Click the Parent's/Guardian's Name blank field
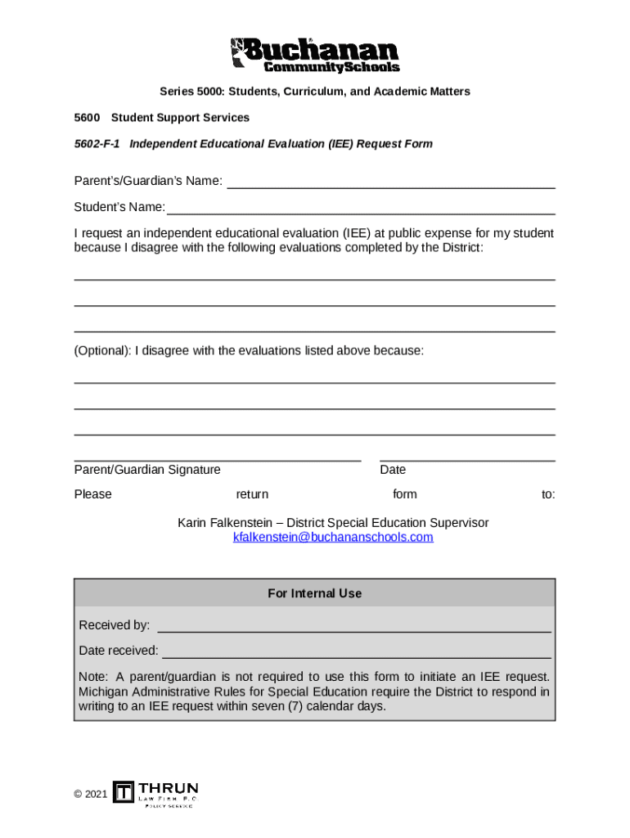(x=390, y=182)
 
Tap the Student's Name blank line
(x=361, y=207)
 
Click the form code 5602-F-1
(x=97, y=144)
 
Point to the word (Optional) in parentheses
(x=102, y=351)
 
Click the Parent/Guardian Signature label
(x=147, y=470)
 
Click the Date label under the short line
(x=393, y=470)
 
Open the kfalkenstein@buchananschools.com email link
(x=333, y=538)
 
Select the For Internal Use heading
(x=314, y=593)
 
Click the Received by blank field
(x=353, y=626)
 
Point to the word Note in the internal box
(x=92, y=677)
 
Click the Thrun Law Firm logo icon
(x=124, y=792)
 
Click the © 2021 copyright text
(x=90, y=794)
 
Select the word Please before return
(x=92, y=494)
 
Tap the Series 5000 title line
(x=314, y=92)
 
